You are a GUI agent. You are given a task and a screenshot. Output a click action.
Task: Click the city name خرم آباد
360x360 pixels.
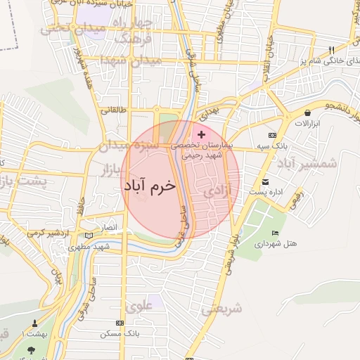pos(149,186)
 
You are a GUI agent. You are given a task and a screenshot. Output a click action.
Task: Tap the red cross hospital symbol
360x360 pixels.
pos(202,134)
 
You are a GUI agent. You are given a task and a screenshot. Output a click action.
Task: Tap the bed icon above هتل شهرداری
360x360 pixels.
pos(274,233)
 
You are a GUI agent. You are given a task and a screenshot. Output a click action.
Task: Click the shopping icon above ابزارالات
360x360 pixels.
pos(307,112)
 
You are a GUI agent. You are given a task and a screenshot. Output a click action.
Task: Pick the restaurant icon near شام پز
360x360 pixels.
pos(331,50)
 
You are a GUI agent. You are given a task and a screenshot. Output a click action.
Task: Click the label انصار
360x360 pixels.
pos(113,229)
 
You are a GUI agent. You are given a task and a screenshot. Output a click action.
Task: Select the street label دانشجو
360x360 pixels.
pos(337,106)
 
